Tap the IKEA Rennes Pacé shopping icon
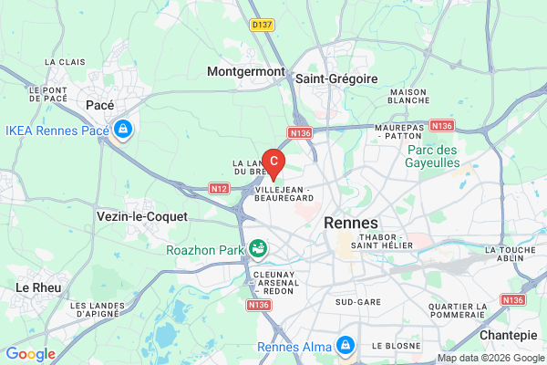[122, 130]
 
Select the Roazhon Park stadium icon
[259, 247]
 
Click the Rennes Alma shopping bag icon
[346, 345]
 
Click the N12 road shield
[218, 189]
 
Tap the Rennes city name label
[351, 223]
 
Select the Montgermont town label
[246, 71]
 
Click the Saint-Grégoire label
[336, 78]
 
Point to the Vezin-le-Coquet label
[141, 216]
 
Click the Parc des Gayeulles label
[433, 156]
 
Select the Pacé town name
[99, 105]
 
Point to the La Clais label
[64, 61]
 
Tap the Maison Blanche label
[408, 98]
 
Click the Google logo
[30, 354]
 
